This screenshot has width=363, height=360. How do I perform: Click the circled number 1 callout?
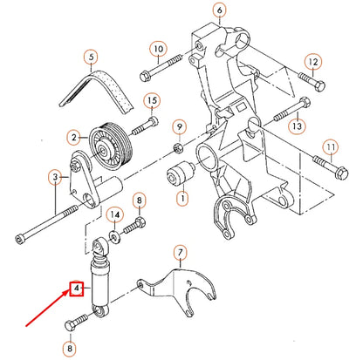click(181, 199)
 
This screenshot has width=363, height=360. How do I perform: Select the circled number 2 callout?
click(75, 137)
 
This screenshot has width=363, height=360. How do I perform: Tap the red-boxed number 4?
click(77, 286)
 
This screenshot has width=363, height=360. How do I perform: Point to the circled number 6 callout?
click(219, 11)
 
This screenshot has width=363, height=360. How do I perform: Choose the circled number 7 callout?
click(180, 255)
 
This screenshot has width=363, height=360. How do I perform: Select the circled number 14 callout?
click(114, 214)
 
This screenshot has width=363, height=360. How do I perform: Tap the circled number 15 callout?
click(150, 99)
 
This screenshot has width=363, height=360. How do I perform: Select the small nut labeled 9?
click(178, 143)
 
